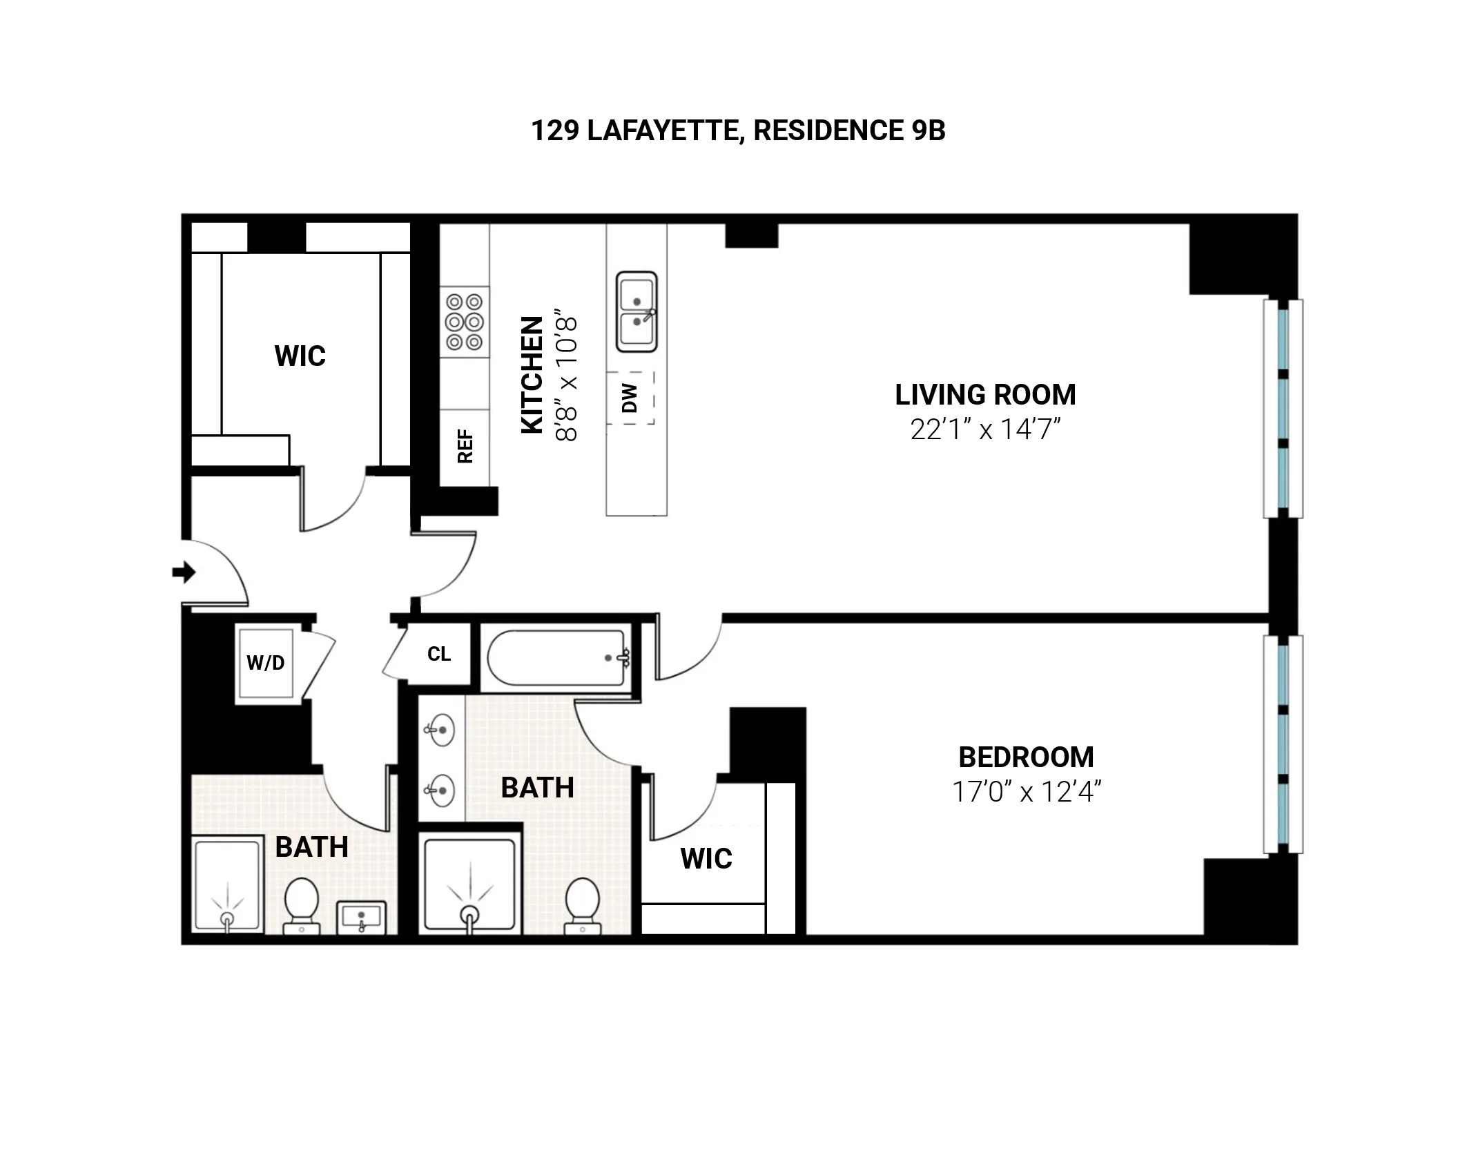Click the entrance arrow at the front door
pos(184,572)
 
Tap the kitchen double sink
pos(637,312)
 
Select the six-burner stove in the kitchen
pos(465,322)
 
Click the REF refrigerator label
pos(465,446)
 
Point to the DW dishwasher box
pos(630,398)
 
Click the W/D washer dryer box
pos(266,663)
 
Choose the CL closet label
pos(439,654)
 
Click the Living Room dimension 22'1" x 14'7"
pos(985,429)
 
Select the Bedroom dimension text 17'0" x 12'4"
pos(1026,791)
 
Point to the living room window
pos(1283,409)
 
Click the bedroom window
pos(1283,744)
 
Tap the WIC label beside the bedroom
pos(706,858)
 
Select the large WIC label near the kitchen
pos(300,356)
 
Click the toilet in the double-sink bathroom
pos(581,904)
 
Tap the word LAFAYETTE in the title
pos(666,130)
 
